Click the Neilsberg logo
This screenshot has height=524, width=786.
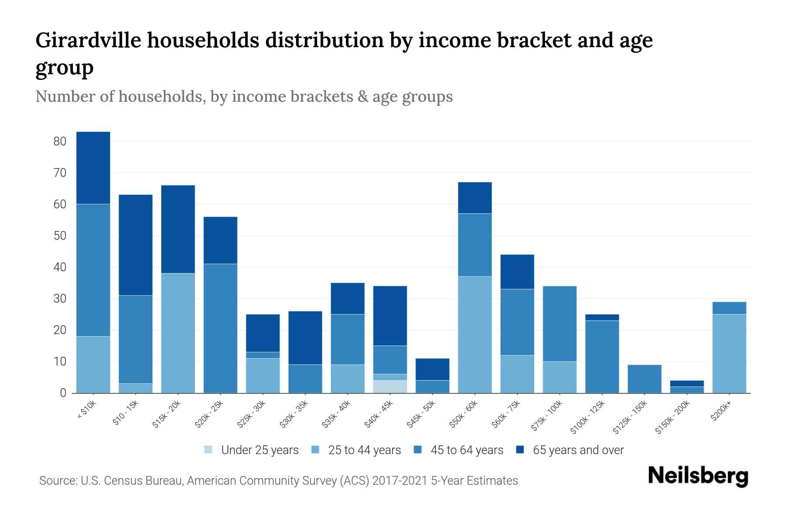point(698,476)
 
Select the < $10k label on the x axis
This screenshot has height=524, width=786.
point(87,411)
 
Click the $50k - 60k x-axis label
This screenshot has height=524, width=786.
point(464,414)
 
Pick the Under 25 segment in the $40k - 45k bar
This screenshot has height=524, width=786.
point(390,386)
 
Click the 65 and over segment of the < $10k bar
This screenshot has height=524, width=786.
point(93,168)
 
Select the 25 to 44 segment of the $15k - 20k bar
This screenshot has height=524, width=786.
point(178,333)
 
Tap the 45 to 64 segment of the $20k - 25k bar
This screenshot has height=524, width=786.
point(221,328)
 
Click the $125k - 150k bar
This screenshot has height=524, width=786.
point(645,379)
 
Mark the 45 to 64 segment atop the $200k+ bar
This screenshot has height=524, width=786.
point(729,308)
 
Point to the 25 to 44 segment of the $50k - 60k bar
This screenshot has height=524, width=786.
point(475,334)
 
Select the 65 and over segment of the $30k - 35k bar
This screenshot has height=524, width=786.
point(305,338)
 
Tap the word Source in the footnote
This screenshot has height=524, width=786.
point(57,481)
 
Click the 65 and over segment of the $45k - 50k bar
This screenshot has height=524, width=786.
point(432,369)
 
